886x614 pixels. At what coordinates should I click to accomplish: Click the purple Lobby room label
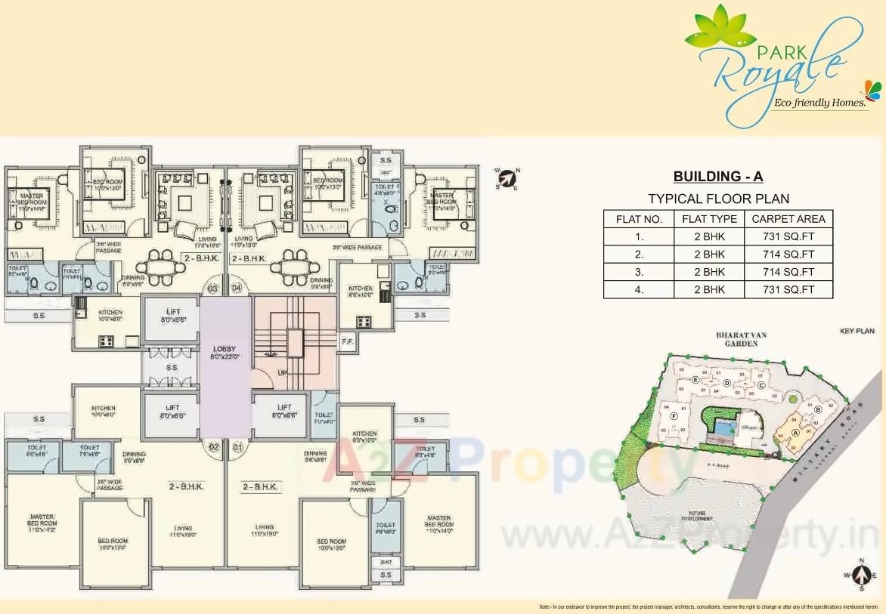225,352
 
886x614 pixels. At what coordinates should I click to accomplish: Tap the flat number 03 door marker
212,288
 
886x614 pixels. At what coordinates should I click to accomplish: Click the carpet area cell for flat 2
788,255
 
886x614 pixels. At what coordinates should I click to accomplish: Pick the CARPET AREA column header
788,219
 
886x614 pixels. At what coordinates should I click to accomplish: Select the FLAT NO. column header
639,219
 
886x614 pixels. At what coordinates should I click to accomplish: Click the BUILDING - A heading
718,177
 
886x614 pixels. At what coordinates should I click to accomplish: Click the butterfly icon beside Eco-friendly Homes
872,90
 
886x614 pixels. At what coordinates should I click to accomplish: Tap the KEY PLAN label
857,332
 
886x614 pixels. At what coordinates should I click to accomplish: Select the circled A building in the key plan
795,433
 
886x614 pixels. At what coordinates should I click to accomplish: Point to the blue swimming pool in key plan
724,429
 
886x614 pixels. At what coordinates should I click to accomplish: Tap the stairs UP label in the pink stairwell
282,372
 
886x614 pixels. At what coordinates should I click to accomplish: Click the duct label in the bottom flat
386,561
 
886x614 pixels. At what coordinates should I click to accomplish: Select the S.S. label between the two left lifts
172,368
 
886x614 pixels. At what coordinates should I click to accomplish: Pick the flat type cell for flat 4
708,289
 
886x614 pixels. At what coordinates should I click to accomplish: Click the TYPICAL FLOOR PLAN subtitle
718,199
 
